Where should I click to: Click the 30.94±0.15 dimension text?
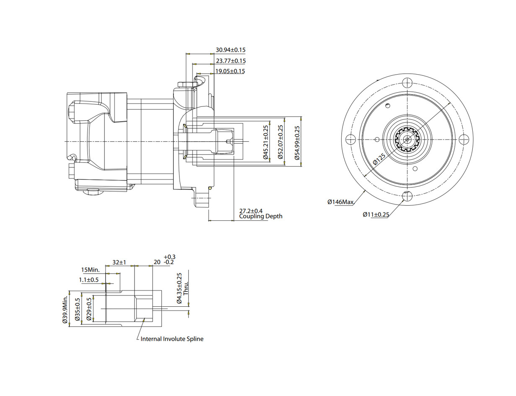click(x=230, y=50)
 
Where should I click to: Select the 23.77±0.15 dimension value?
click(x=230, y=61)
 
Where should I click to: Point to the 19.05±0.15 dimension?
click(x=230, y=71)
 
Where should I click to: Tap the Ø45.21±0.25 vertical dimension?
click(x=266, y=142)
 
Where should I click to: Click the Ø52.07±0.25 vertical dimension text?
click(x=280, y=142)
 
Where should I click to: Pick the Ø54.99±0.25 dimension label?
click(x=298, y=142)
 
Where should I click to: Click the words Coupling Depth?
click(x=260, y=217)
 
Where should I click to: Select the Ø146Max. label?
click(x=340, y=202)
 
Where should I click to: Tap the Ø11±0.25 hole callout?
click(x=376, y=215)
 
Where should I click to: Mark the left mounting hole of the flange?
click(x=351, y=139)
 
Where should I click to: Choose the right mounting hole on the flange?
click(x=464, y=139)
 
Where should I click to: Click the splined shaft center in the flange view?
click(x=407, y=139)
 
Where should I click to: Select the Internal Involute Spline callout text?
click(x=172, y=339)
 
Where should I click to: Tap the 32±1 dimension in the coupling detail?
click(x=119, y=262)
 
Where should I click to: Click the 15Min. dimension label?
click(x=91, y=270)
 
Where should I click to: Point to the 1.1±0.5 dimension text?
click(x=88, y=280)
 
